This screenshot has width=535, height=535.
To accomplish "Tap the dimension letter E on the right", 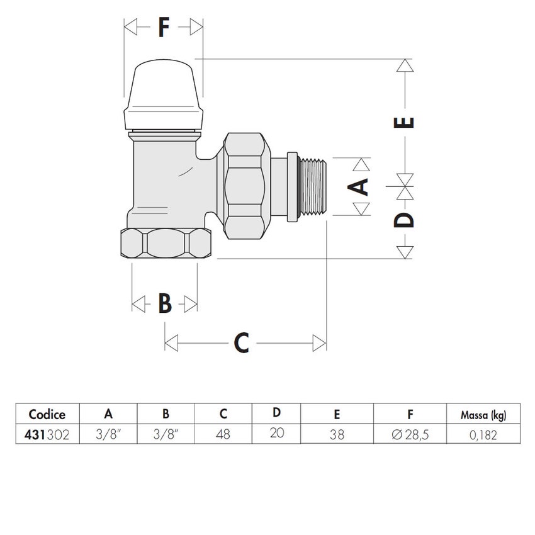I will [407, 120].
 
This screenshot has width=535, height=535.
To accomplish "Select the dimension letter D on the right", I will [407, 219].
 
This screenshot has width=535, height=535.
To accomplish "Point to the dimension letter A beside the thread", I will [359, 187].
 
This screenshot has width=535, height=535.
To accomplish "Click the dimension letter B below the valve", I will [164, 304].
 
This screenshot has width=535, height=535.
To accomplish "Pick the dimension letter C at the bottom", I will [242, 343].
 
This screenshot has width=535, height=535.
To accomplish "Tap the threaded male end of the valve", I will [313, 187].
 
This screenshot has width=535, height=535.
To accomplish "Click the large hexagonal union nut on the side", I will [246, 186].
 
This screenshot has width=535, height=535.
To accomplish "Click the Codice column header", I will [47, 414].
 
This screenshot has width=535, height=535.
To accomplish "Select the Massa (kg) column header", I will [483, 414].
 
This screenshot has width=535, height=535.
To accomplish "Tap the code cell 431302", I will [47, 434].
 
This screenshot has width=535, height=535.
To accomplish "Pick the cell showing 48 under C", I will [223, 434].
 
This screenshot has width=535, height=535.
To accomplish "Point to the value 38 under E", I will [337, 434].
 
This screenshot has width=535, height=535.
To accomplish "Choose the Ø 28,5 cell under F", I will [410, 434].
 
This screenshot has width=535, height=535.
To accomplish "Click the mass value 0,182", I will [483, 434].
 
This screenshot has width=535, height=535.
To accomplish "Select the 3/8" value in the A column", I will [108, 434].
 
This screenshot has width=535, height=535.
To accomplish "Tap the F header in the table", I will [410, 414].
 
